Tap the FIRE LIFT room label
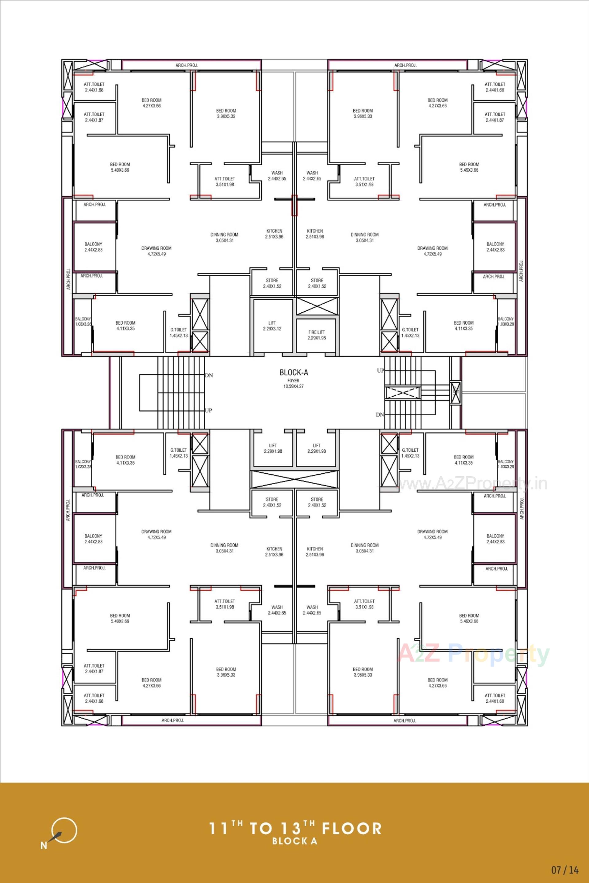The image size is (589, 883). tap(317, 335)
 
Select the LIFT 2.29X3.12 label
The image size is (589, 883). tap(272, 326)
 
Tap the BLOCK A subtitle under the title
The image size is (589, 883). tap(294, 841)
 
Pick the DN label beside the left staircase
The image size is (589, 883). tap(209, 375)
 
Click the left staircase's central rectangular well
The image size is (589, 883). tap(148, 392)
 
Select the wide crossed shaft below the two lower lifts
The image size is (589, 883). tap(294, 479)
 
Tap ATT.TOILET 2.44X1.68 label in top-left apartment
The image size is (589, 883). tap(94, 87)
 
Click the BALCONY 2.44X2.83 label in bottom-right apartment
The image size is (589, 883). tap(495, 539)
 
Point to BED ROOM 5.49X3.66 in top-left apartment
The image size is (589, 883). tap(120, 167)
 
